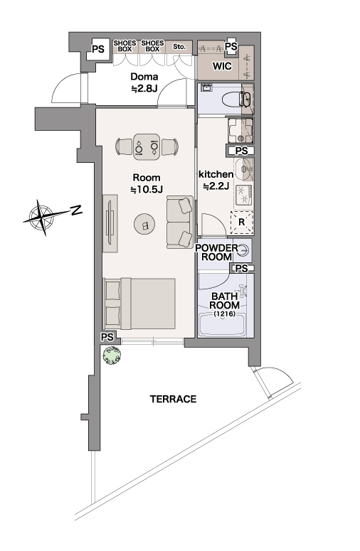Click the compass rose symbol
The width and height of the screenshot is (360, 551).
[x=42, y=217]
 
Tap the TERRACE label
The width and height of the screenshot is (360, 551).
[x=173, y=399]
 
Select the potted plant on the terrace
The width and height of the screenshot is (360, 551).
[x=112, y=355]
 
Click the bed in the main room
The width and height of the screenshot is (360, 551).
[x=139, y=304]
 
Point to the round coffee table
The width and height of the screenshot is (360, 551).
[x=144, y=224]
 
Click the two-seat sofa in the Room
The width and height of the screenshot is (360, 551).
[x=180, y=222]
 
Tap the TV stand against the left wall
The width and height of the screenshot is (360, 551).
[x=110, y=223]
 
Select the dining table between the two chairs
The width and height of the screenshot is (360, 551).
[x=147, y=147]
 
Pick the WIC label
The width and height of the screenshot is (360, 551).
[x=222, y=65]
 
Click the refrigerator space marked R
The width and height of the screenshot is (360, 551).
[x=241, y=223]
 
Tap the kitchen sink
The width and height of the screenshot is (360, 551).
[x=244, y=168]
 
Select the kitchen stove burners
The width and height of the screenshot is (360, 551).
[x=243, y=195]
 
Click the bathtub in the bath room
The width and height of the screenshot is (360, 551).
[x=222, y=325]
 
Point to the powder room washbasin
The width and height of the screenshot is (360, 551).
[x=243, y=250]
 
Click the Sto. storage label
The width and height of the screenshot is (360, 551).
[x=179, y=46]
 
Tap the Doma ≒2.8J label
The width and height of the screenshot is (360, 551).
[x=144, y=82]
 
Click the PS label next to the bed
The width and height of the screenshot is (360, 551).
[x=107, y=337]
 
